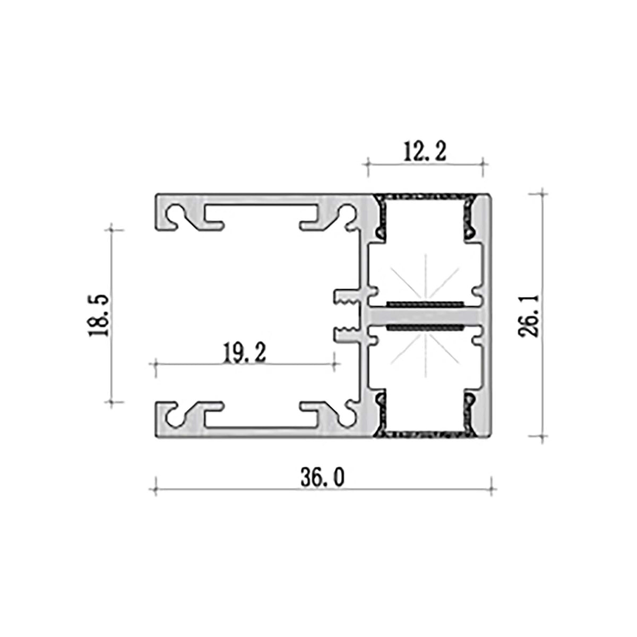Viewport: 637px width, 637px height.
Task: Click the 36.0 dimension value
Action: coord(322,477)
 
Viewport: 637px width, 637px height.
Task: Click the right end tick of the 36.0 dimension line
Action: coord(492,487)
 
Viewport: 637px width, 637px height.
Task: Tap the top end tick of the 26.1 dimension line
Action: coord(542,194)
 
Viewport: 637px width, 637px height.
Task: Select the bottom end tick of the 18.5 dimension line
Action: coord(111,402)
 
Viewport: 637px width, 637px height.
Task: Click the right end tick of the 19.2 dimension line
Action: coord(335,364)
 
